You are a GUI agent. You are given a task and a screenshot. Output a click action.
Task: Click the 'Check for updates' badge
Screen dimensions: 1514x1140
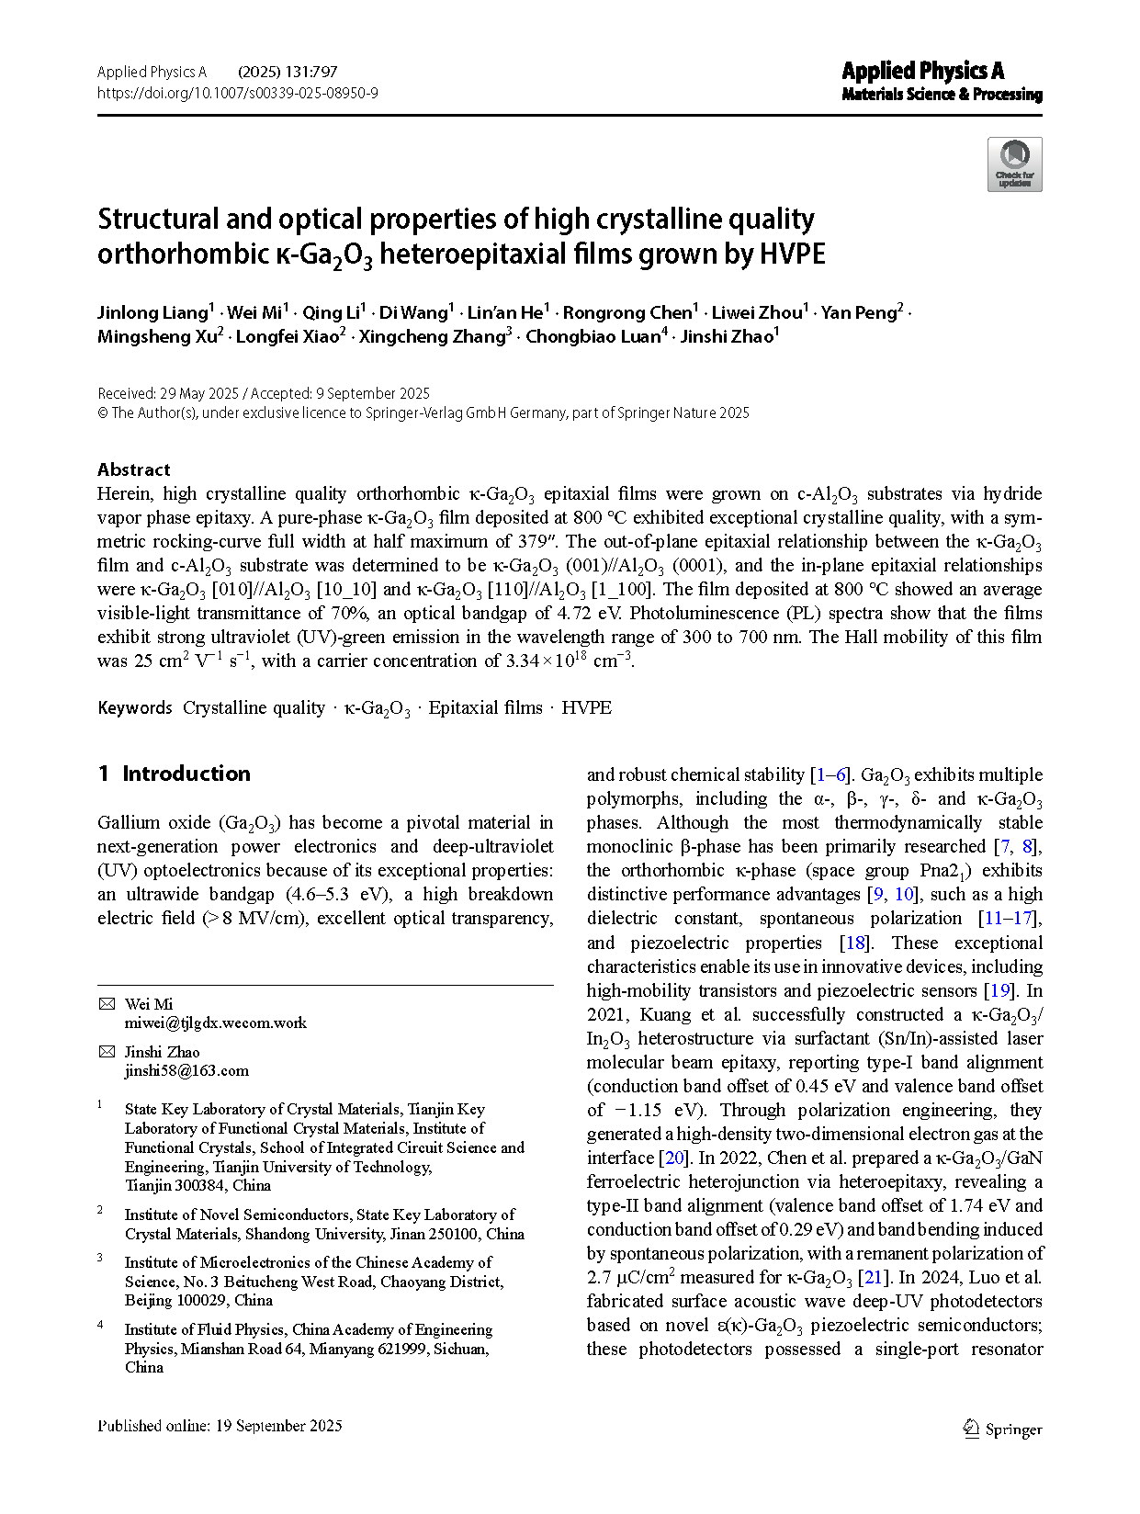tap(1014, 164)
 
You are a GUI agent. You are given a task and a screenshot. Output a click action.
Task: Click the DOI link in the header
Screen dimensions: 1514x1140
tap(237, 93)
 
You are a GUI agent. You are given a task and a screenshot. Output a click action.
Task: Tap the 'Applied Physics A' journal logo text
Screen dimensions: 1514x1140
tap(922, 71)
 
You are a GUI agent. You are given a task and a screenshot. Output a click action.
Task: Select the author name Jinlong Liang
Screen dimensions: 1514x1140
tap(152, 312)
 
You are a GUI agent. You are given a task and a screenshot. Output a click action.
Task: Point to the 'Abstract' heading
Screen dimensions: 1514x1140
tap(133, 469)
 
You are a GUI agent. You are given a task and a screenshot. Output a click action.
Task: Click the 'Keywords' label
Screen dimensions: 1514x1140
tap(134, 707)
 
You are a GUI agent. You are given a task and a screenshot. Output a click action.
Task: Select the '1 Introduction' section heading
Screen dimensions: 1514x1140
tap(175, 774)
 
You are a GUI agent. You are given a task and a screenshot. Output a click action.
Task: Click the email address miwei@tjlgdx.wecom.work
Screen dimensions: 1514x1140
tap(215, 1023)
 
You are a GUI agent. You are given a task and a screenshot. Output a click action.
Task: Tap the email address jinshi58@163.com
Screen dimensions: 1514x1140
tap(186, 1070)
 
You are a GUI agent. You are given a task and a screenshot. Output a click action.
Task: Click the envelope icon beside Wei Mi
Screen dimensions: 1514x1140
tap(107, 1004)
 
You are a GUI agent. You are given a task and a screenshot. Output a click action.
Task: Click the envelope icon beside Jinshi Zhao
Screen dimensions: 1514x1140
tap(107, 1052)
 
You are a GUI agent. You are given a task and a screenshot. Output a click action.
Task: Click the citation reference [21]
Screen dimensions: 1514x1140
tap(873, 1277)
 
